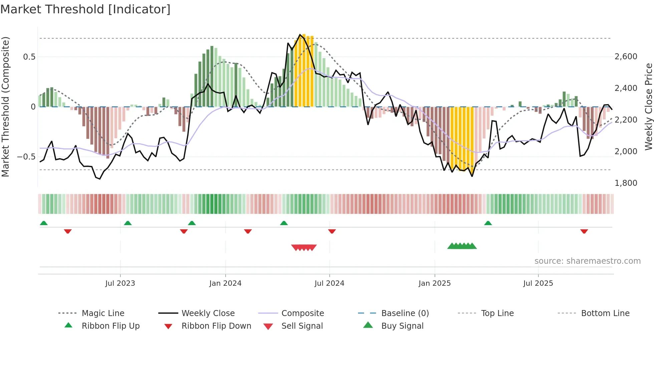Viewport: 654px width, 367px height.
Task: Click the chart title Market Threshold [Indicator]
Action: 85,9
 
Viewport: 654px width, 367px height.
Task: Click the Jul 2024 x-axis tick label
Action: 329,283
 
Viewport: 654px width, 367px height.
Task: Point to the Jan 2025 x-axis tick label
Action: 434,283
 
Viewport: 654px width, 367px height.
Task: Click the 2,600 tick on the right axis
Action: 626,57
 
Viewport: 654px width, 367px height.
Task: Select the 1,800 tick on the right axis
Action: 626,183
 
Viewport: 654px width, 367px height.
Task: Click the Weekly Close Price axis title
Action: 648,107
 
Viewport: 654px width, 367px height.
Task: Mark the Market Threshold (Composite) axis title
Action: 5,107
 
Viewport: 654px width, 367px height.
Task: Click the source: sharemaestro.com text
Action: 587,261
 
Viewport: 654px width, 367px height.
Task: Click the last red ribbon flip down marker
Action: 584,231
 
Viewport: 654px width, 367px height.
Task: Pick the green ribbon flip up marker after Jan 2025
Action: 488,223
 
